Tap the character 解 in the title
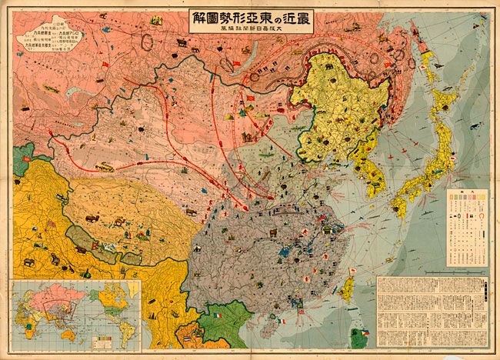200,21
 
